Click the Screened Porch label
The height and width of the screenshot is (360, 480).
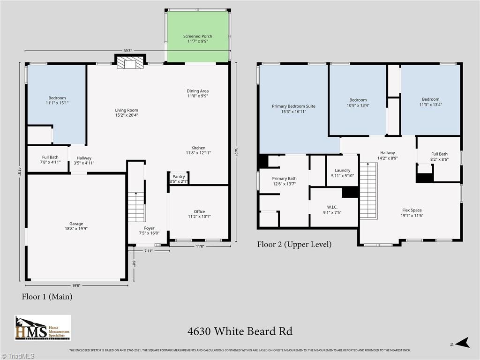point(198,39)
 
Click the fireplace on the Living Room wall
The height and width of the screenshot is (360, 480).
point(129,63)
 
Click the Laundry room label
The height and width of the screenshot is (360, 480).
point(342,173)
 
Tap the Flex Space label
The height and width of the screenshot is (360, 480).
point(412,213)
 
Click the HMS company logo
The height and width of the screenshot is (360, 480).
point(43,328)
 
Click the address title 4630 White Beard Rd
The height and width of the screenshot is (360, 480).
point(240,331)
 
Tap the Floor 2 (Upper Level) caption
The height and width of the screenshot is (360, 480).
point(294,244)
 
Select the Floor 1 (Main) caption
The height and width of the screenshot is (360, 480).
point(47,297)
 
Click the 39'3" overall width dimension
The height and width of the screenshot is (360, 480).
point(127,51)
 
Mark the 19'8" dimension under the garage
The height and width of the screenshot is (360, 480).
point(76,285)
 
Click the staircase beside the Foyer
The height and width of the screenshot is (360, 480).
point(136,206)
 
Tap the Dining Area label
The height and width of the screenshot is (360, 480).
point(198,93)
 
